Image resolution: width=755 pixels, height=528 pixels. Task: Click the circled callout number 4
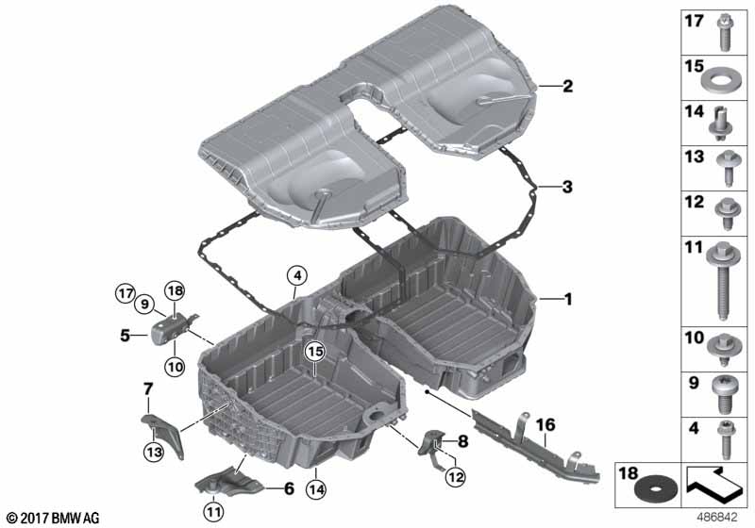coord(297,276)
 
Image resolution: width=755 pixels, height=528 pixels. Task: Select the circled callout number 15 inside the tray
coord(315,352)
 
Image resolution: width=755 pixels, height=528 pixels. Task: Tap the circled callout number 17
coord(126,293)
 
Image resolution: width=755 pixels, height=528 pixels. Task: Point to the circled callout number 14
coord(316,489)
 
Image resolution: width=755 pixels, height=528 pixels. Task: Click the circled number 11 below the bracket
coord(213,512)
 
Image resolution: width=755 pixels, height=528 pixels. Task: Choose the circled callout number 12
coord(456,476)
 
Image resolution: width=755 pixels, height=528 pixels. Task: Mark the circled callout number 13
coord(155,452)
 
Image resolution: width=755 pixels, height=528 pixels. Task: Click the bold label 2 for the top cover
coord(568,86)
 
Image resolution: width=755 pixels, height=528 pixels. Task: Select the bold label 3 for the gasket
coord(567,187)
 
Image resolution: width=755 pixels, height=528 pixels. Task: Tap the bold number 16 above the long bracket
coord(545,424)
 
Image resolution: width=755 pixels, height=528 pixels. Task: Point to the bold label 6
coord(289,488)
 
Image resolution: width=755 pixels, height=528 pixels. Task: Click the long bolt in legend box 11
coord(721,281)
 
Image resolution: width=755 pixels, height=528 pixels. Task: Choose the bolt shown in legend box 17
coord(723,33)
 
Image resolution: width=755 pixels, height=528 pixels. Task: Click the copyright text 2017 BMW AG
coord(54,518)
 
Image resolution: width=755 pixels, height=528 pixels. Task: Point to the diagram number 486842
coord(717,518)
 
